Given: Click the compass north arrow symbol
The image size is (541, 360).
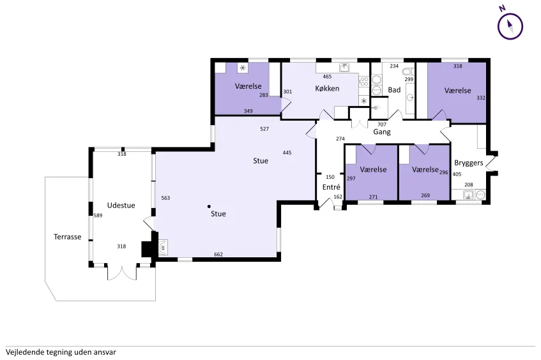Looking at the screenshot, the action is pos(510,26).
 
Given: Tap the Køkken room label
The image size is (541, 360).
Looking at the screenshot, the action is pos(327,88).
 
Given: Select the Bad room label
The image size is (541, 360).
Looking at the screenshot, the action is pos(394,89).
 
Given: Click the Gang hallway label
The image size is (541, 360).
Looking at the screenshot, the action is pos(381,131).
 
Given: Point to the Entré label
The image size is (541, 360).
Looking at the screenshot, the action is pos(331,187).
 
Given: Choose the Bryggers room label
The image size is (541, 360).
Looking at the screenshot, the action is pos(469,163).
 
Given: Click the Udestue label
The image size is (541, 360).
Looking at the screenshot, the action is pos(121,205).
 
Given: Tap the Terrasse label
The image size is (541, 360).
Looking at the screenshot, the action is pos(67,237).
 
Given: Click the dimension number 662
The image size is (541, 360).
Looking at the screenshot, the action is pos(218,255).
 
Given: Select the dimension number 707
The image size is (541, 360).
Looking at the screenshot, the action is pos(381,124).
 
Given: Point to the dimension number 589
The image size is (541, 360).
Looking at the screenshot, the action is pos(98,216).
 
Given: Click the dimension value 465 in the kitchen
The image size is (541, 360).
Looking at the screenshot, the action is pos(327,77).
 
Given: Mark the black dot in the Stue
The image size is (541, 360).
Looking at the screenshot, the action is pos(209,207).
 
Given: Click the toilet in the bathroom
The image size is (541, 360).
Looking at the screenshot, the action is pos(408,71).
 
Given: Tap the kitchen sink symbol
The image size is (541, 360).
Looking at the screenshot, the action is pos(344,67).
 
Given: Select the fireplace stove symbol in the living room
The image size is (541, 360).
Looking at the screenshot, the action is pos(162,248).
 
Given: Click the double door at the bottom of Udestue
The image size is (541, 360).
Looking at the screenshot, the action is pos(122,273).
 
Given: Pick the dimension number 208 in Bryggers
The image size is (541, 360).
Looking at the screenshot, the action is pos(469,185).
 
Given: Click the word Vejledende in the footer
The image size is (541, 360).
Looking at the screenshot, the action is pos(24,352).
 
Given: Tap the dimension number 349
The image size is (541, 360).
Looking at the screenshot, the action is pos(248,111).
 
